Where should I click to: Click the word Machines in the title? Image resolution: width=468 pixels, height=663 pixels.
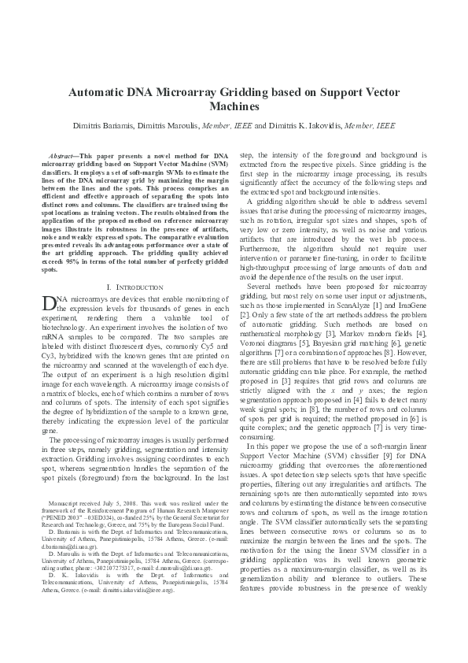(234, 106)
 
